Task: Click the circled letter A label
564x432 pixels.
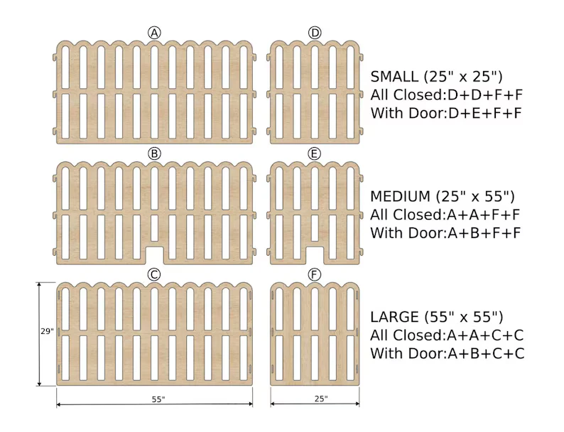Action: (154, 33)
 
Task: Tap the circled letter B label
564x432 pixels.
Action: (154, 153)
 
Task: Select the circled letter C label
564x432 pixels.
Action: (154, 274)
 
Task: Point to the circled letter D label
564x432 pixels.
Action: (315, 33)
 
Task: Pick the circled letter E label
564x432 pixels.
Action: (315, 153)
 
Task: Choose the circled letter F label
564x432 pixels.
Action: (315, 274)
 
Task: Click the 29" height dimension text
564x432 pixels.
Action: (47, 332)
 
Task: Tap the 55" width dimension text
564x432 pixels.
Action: (158, 399)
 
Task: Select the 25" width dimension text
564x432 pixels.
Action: (315, 399)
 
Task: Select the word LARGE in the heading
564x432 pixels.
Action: (395, 317)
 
